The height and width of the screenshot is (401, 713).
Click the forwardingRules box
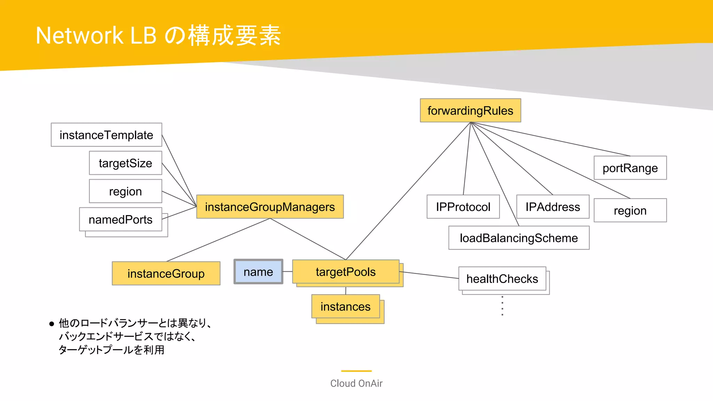pyautogui.click(x=470, y=111)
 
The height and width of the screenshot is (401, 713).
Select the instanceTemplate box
pyautogui.click(x=107, y=135)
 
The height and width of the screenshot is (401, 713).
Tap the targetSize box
pyautogui.click(x=126, y=163)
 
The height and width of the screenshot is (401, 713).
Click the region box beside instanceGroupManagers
pyautogui.click(x=126, y=191)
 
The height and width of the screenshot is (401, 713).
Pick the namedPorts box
pyautogui.click(x=120, y=219)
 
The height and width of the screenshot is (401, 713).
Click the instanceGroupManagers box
pyautogui.click(x=270, y=207)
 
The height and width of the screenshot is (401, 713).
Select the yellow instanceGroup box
pyautogui.click(x=166, y=274)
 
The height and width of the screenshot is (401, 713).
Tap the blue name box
pyautogui.click(x=258, y=272)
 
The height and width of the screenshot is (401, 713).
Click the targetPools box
pyautogui.click(x=346, y=272)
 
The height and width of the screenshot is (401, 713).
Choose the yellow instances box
pyautogui.click(x=345, y=307)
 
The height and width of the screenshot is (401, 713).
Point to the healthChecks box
pyautogui.click(x=502, y=279)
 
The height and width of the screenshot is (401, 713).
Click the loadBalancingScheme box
pyautogui.click(x=519, y=238)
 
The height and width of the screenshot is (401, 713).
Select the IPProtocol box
pyautogui.click(x=463, y=207)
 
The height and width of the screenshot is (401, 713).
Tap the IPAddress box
pyautogui.click(x=553, y=207)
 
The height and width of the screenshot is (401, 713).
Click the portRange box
pyautogui.click(x=630, y=168)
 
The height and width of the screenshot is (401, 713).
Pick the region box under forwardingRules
pyautogui.click(x=630, y=211)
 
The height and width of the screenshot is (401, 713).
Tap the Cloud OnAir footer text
pyautogui.click(x=356, y=383)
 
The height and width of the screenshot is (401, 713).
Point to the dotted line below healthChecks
pyautogui.click(x=502, y=306)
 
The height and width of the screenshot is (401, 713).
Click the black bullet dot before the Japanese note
pyautogui.click(x=52, y=324)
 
